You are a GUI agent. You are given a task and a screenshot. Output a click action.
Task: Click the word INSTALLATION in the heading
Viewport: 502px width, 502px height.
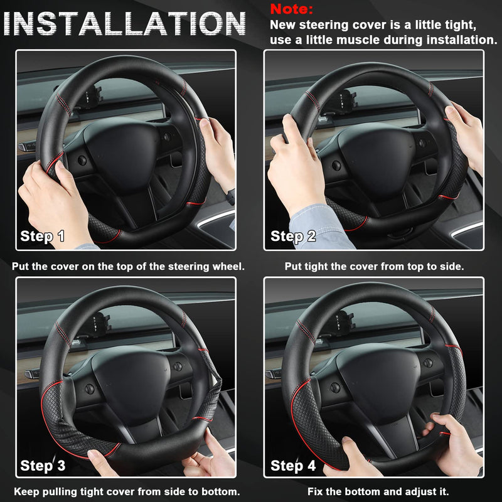128,24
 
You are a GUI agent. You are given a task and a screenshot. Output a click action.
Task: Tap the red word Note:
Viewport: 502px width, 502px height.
291,9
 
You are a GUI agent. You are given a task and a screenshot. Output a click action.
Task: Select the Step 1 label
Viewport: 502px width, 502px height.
43,237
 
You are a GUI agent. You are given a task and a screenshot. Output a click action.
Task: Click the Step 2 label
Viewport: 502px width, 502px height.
293,237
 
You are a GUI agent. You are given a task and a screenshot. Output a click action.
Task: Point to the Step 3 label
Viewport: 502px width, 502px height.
43,465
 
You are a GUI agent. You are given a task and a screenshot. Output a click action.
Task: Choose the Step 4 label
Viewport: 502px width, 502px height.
293,465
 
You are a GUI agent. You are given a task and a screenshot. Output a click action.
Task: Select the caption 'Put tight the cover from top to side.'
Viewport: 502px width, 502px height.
374,266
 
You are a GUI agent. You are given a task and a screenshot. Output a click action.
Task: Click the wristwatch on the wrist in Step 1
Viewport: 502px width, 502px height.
230,196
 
